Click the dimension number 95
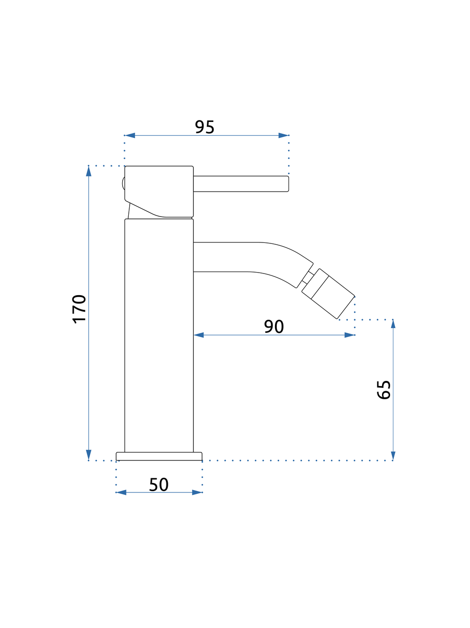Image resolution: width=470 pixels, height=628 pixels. pos(204,127)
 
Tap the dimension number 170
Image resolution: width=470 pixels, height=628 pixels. pos(79,309)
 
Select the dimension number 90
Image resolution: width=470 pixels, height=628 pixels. pos(274,326)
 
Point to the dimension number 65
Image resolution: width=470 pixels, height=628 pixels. pos(384,390)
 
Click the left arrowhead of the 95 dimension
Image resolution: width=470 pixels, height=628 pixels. pos(130,135)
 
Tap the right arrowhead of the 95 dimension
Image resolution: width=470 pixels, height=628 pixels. pos(283,135)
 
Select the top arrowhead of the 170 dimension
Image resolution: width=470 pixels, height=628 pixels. pos(88,171)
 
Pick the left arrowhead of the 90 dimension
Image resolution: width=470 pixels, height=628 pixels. pos(199,335)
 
